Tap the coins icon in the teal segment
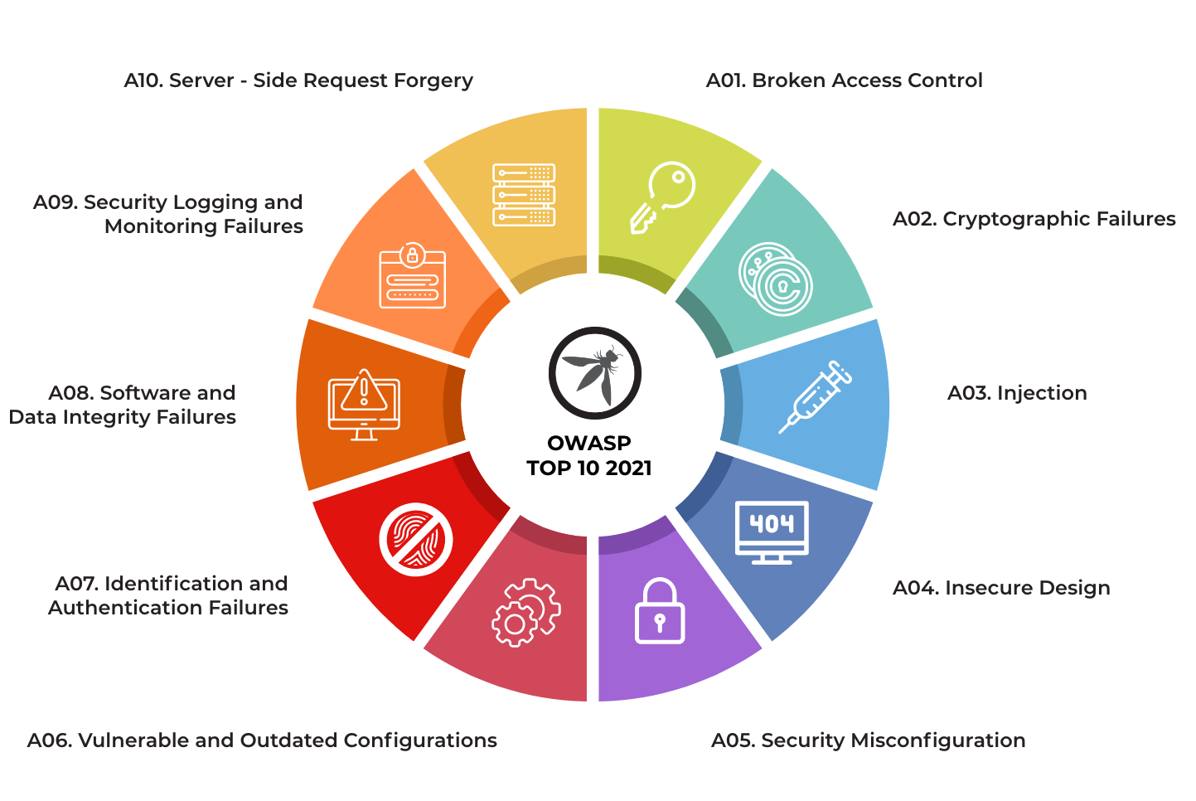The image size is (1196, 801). pos(775,279)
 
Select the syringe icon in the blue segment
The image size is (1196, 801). pos(816,397)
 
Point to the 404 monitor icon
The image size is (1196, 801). pos(772,532)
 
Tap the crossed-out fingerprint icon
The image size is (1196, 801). pos(416,539)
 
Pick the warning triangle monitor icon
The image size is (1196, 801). pos(364,404)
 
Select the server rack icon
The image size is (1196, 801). pos(524,195)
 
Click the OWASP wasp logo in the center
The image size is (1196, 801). pos(594,372)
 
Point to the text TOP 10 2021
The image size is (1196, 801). pos(589,468)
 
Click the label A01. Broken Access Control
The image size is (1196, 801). pos(844,80)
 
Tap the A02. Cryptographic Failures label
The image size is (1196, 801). pos(1034,219)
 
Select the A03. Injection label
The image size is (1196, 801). pos(1017,393)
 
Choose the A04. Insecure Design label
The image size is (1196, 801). pos(1001,588)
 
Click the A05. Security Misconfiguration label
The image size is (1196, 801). pos(868,740)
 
